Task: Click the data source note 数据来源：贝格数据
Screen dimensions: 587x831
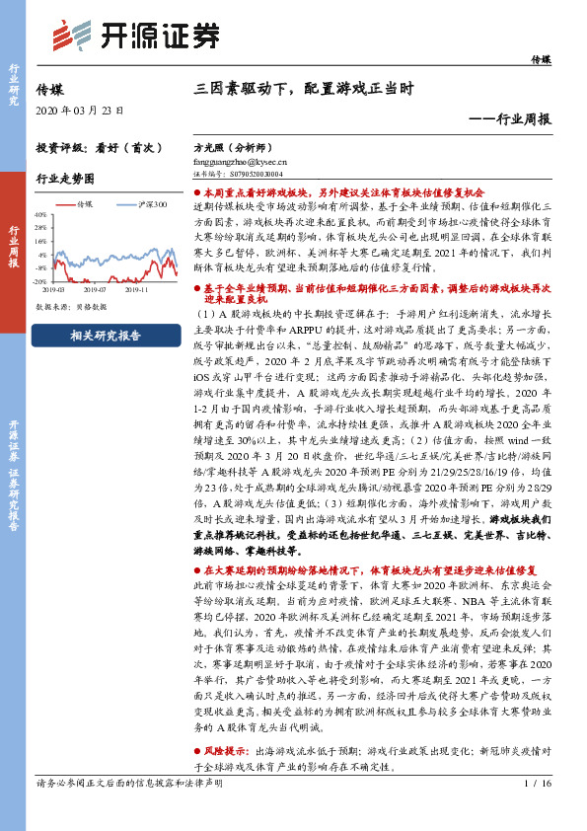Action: tap(71, 307)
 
